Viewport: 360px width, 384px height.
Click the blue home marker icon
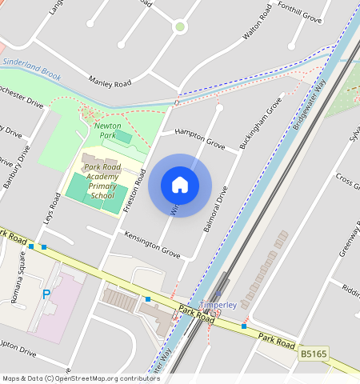tap(180, 185)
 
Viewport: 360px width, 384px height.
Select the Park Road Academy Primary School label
tap(102, 181)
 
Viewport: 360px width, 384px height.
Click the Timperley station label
tap(218, 306)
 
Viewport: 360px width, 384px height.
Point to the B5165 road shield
tap(314, 353)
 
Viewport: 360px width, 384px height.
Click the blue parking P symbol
tap(46, 294)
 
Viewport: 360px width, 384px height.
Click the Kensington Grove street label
tap(152, 244)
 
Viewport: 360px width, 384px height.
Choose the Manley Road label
tap(110, 81)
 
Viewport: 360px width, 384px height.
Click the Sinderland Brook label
tap(32, 67)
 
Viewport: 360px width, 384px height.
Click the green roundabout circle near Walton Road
tap(180, 27)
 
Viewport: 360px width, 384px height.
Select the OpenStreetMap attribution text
tap(81, 378)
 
